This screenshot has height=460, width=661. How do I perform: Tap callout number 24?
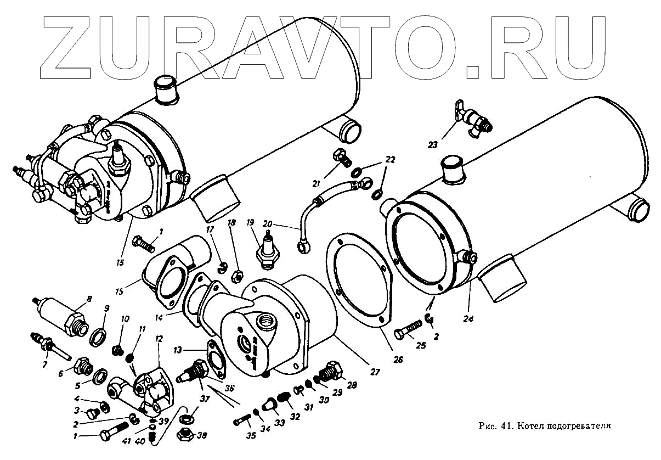(470, 318)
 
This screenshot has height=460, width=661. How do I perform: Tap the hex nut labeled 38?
(185, 435)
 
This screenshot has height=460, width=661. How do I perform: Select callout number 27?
(375, 372)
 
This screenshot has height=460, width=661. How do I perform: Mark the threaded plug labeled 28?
(331, 372)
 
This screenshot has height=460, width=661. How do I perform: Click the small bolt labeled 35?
(242, 422)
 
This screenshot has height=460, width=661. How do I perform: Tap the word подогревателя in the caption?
(578, 425)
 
